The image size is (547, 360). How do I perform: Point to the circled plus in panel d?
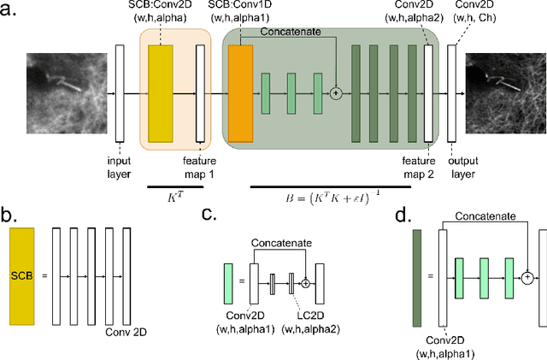coord(527,275)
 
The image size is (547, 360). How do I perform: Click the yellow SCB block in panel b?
coord(25,275)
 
